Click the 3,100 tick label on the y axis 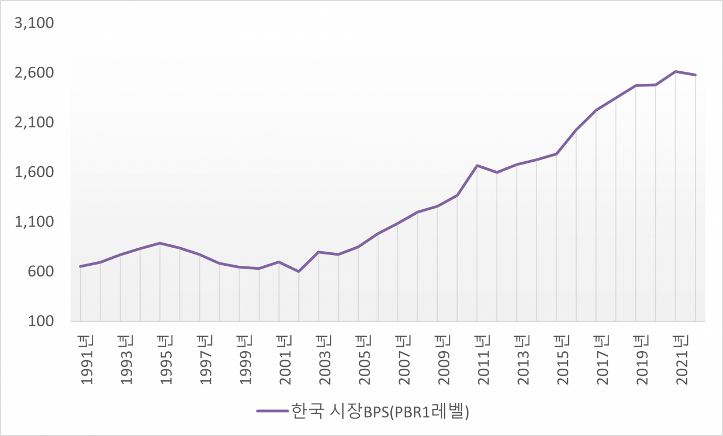(34, 24)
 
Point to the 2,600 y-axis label (34, 73)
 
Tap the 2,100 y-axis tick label (34, 123)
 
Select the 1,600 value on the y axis (34, 172)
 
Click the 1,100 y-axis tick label (34, 222)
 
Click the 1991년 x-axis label (86, 359)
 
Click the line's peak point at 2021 (676, 71)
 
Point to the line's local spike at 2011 (477, 165)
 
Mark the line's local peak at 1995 (160, 243)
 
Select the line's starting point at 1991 (80, 266)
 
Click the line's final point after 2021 (695, 75)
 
